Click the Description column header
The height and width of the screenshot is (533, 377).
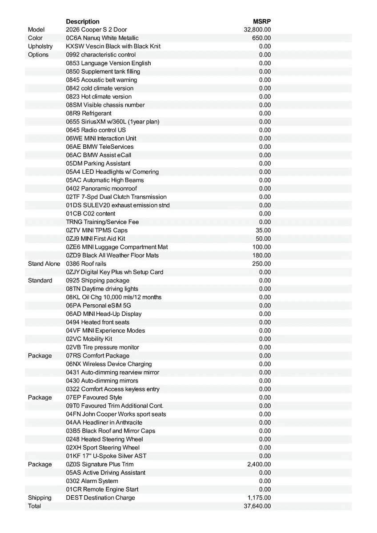pyautogui.click(x=83, y=21)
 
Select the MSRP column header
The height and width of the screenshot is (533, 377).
pyautogui.click(x=262, y=21)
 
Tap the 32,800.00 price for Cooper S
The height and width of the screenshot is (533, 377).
pyautogui.click(x=257, y=30)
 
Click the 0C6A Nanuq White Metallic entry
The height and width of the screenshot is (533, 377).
pyautogui.click(x=102, y=38)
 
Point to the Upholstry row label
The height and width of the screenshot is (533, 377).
pyautogui.click(x=40, y=46)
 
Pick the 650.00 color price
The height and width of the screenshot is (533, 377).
pyautogui.click(x=261, y=38)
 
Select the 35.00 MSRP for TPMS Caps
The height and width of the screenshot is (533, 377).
pyautogui.click(x=264, y=230)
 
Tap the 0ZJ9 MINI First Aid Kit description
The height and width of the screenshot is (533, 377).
pyautogui.click(x=96, y=239)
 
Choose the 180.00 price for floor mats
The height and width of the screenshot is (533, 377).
pyautogui.click(x=261, y=255)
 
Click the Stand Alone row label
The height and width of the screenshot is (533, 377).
pyautogui.click(x=44, y=264)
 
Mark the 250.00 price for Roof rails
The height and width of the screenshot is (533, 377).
pyautogui.click(x=261, y=264)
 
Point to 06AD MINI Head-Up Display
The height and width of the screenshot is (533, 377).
pyautogui.click(x=104, y=314)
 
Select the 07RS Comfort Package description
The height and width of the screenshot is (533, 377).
pyautogui.click(x=98, y=355)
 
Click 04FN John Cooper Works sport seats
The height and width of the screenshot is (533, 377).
pyautogui.click(x=116, y=414)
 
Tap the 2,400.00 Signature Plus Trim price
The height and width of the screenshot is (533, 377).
pyautogui.click(x=259, y=464)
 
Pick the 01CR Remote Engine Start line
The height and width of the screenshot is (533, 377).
pyautogui.click(x=102, y=489)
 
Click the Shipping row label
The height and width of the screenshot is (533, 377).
pyautogui.click(x=40, y=497)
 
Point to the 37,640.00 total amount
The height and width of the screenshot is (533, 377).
pyautogui.click(x=257, y=506)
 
